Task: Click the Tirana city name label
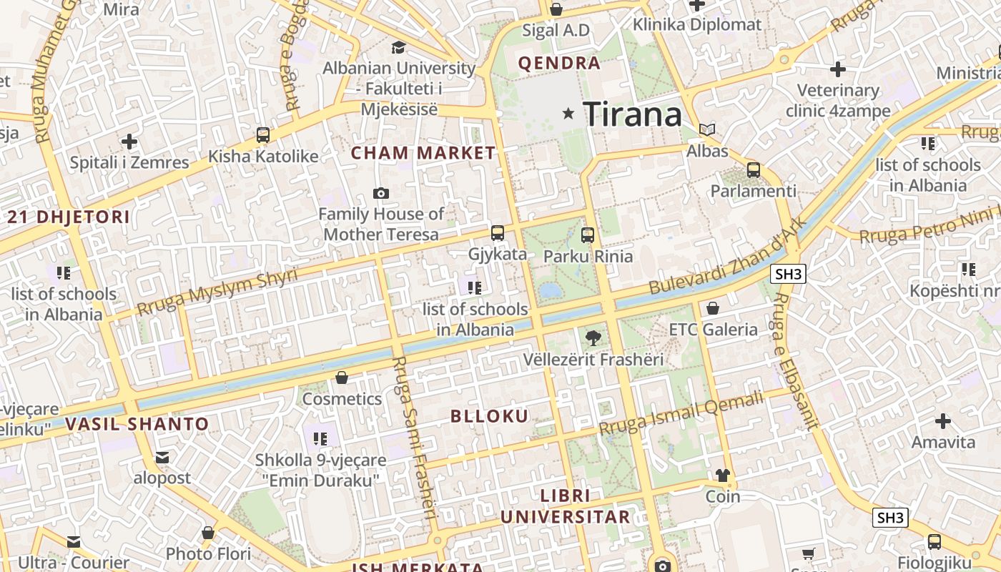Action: tap(632, 114)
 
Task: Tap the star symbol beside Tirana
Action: tap(568, 113)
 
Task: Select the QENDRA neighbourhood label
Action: tap(559, 63)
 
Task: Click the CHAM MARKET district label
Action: tap(423, 152)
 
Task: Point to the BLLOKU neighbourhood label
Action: tap(490, 416)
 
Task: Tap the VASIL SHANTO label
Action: tap(137, 424)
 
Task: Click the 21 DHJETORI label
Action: tap(69, 217)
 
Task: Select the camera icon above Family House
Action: tap(381, 193)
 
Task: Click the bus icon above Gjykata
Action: tap(497, 233)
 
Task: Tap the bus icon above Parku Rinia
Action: tap(588, 235)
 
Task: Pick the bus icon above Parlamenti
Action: tap(753, 170)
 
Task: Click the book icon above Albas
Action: tap(707, 130)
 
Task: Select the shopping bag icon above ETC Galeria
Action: tap(712, 309)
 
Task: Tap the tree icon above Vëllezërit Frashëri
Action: tap(593, 337)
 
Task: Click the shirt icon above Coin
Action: tap(722, 475)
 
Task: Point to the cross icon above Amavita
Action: tap(943, 420)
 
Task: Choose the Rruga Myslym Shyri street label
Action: tap(217, 293)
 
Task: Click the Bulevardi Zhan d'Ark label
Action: tap(727, 256)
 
